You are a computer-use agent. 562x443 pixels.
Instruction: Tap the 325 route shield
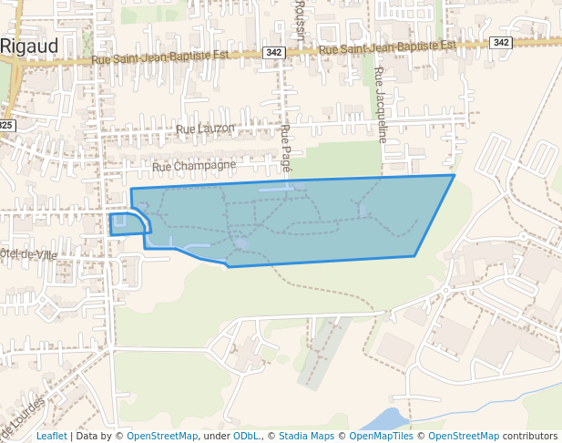[x=6, y=125]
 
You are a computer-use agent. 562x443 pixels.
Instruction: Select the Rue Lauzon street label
[x=206, y=129]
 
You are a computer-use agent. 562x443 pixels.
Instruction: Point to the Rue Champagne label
[x=193, y=166]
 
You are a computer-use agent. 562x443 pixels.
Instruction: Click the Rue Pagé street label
[x=287, y=149]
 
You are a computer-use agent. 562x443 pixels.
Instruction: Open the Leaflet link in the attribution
[x=51, y=436]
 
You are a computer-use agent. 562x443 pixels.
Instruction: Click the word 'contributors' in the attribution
[x=530, y=436]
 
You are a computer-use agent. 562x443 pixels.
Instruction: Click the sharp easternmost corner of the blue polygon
[x=454, y=175]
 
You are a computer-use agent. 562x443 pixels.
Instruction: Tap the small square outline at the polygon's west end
[x=119, y=221]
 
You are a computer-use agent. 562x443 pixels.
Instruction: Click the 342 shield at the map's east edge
[x=500, y=43]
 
